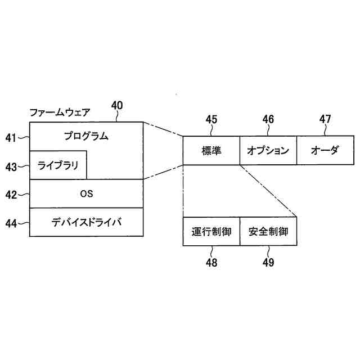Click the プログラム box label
click(x=86, y=136)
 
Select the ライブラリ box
click(x=58, y=165)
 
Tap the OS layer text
click(x=86, y=194)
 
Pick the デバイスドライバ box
click(x=86, y=222)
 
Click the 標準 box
click(x=211, y=150)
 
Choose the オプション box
click(x=268, y=150)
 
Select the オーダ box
click(x=325, y=150)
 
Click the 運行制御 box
click(x=211, y=231)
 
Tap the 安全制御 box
click(x=268, y=231)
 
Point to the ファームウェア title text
click(x=59, y=112)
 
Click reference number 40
click(x=117, y=105)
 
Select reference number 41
click(x=12, y=137)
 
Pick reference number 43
click(x=12, y=166)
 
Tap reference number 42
click(x=12, y=195)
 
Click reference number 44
click(x=12, y=223)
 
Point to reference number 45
click(x=211, y=119)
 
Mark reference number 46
click(x=268, y=119)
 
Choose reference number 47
click(x=325, y=119)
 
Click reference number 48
click(x=211, y=262)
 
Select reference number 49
click(x=268, y=262)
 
